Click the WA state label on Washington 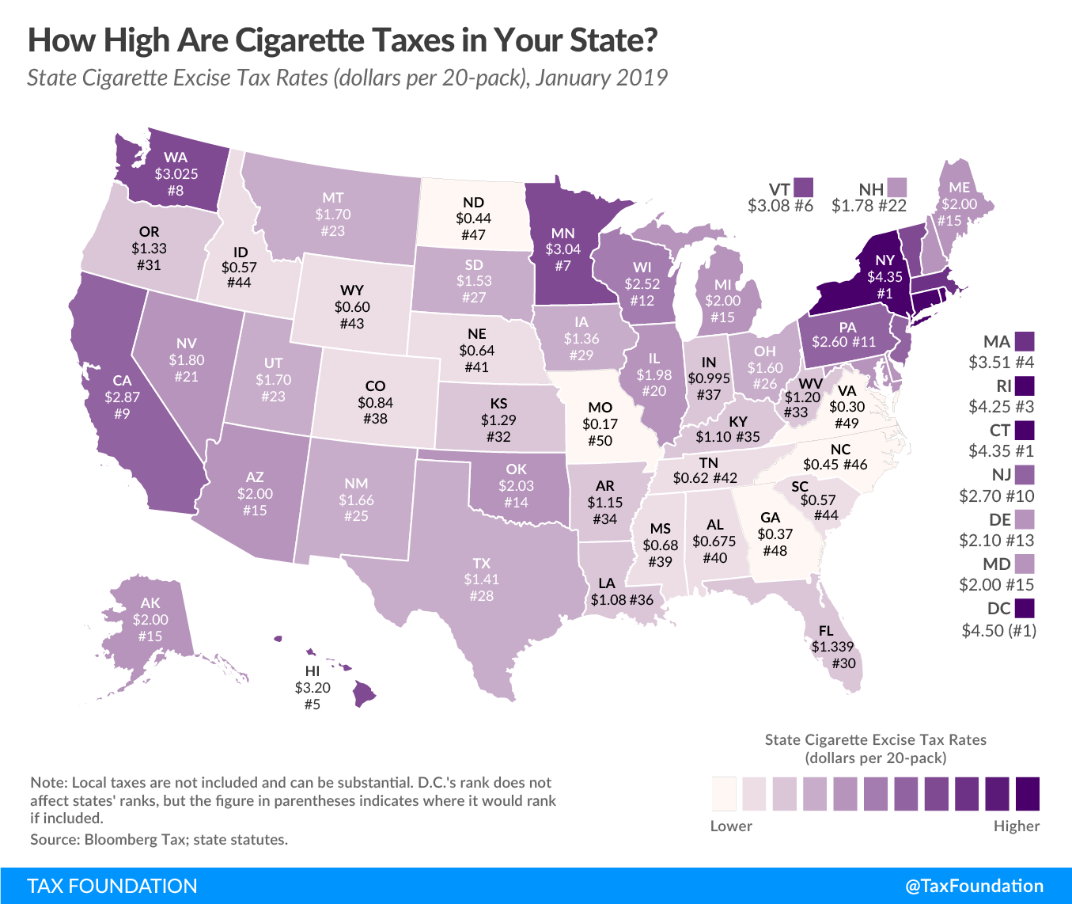point(176,158)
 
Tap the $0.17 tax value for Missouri point(600,424)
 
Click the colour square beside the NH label point(896,188)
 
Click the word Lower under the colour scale point(731,826)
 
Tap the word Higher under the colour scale point(1017,826)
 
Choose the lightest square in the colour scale point(724,793)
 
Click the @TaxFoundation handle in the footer point(974,886)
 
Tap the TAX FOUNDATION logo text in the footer point(112,886)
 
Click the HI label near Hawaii point(313,671)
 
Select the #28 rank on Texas point(481,596)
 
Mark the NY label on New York point(884,260)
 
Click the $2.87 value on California point(122,397)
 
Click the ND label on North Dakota point(473,202)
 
